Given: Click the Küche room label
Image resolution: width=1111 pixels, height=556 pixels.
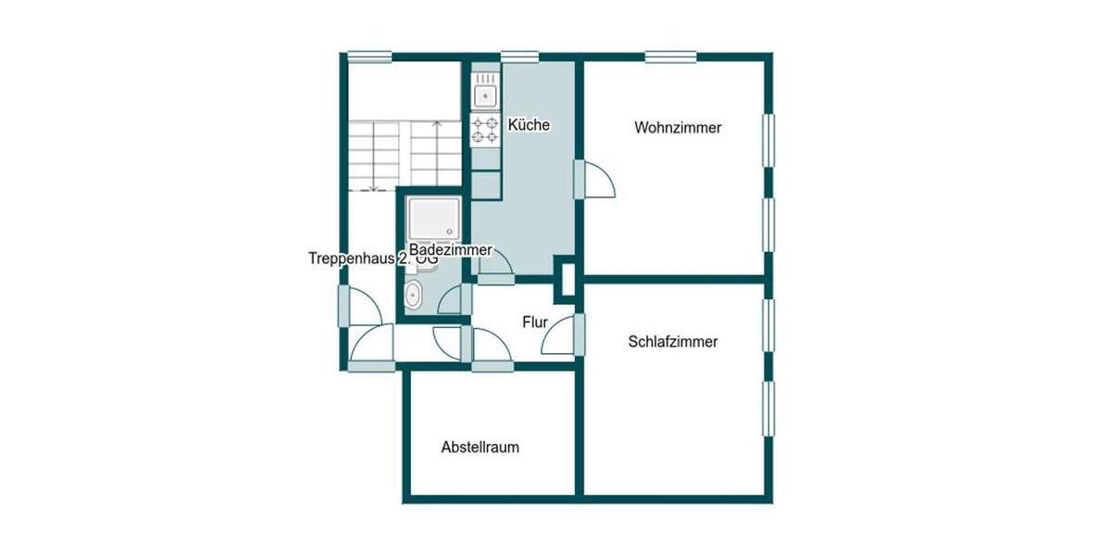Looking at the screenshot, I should [x=530, y=125].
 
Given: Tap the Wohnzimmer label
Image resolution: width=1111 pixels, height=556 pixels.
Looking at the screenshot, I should [x=678, y=128].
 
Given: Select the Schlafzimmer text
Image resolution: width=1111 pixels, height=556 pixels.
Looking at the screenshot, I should [x=673, y=341].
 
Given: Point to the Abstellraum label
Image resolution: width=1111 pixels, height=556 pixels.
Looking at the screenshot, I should [x=480, y=447].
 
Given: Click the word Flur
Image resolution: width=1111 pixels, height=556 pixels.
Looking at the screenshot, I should [x=535, y=322].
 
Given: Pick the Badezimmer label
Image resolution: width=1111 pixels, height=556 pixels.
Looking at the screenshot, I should [x=451, y=250].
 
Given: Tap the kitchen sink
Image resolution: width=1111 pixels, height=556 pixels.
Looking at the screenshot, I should [x=485, y=93].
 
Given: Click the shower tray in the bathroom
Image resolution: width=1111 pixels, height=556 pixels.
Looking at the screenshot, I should [x=433, y=219].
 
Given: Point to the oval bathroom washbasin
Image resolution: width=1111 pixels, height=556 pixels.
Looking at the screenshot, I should [x=413, y=297].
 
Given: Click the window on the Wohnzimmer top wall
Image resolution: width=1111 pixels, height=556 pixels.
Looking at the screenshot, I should [x=670, y=57].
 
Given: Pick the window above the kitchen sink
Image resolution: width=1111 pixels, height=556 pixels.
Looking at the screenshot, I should [x=519, y=57].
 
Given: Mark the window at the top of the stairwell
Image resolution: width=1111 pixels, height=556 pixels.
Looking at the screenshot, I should [x=368, y=57].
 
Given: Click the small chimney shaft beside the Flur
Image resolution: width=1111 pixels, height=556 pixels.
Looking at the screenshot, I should [x=565, y=279].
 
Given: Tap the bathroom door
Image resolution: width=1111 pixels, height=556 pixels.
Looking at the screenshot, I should [x=455, y=299].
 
